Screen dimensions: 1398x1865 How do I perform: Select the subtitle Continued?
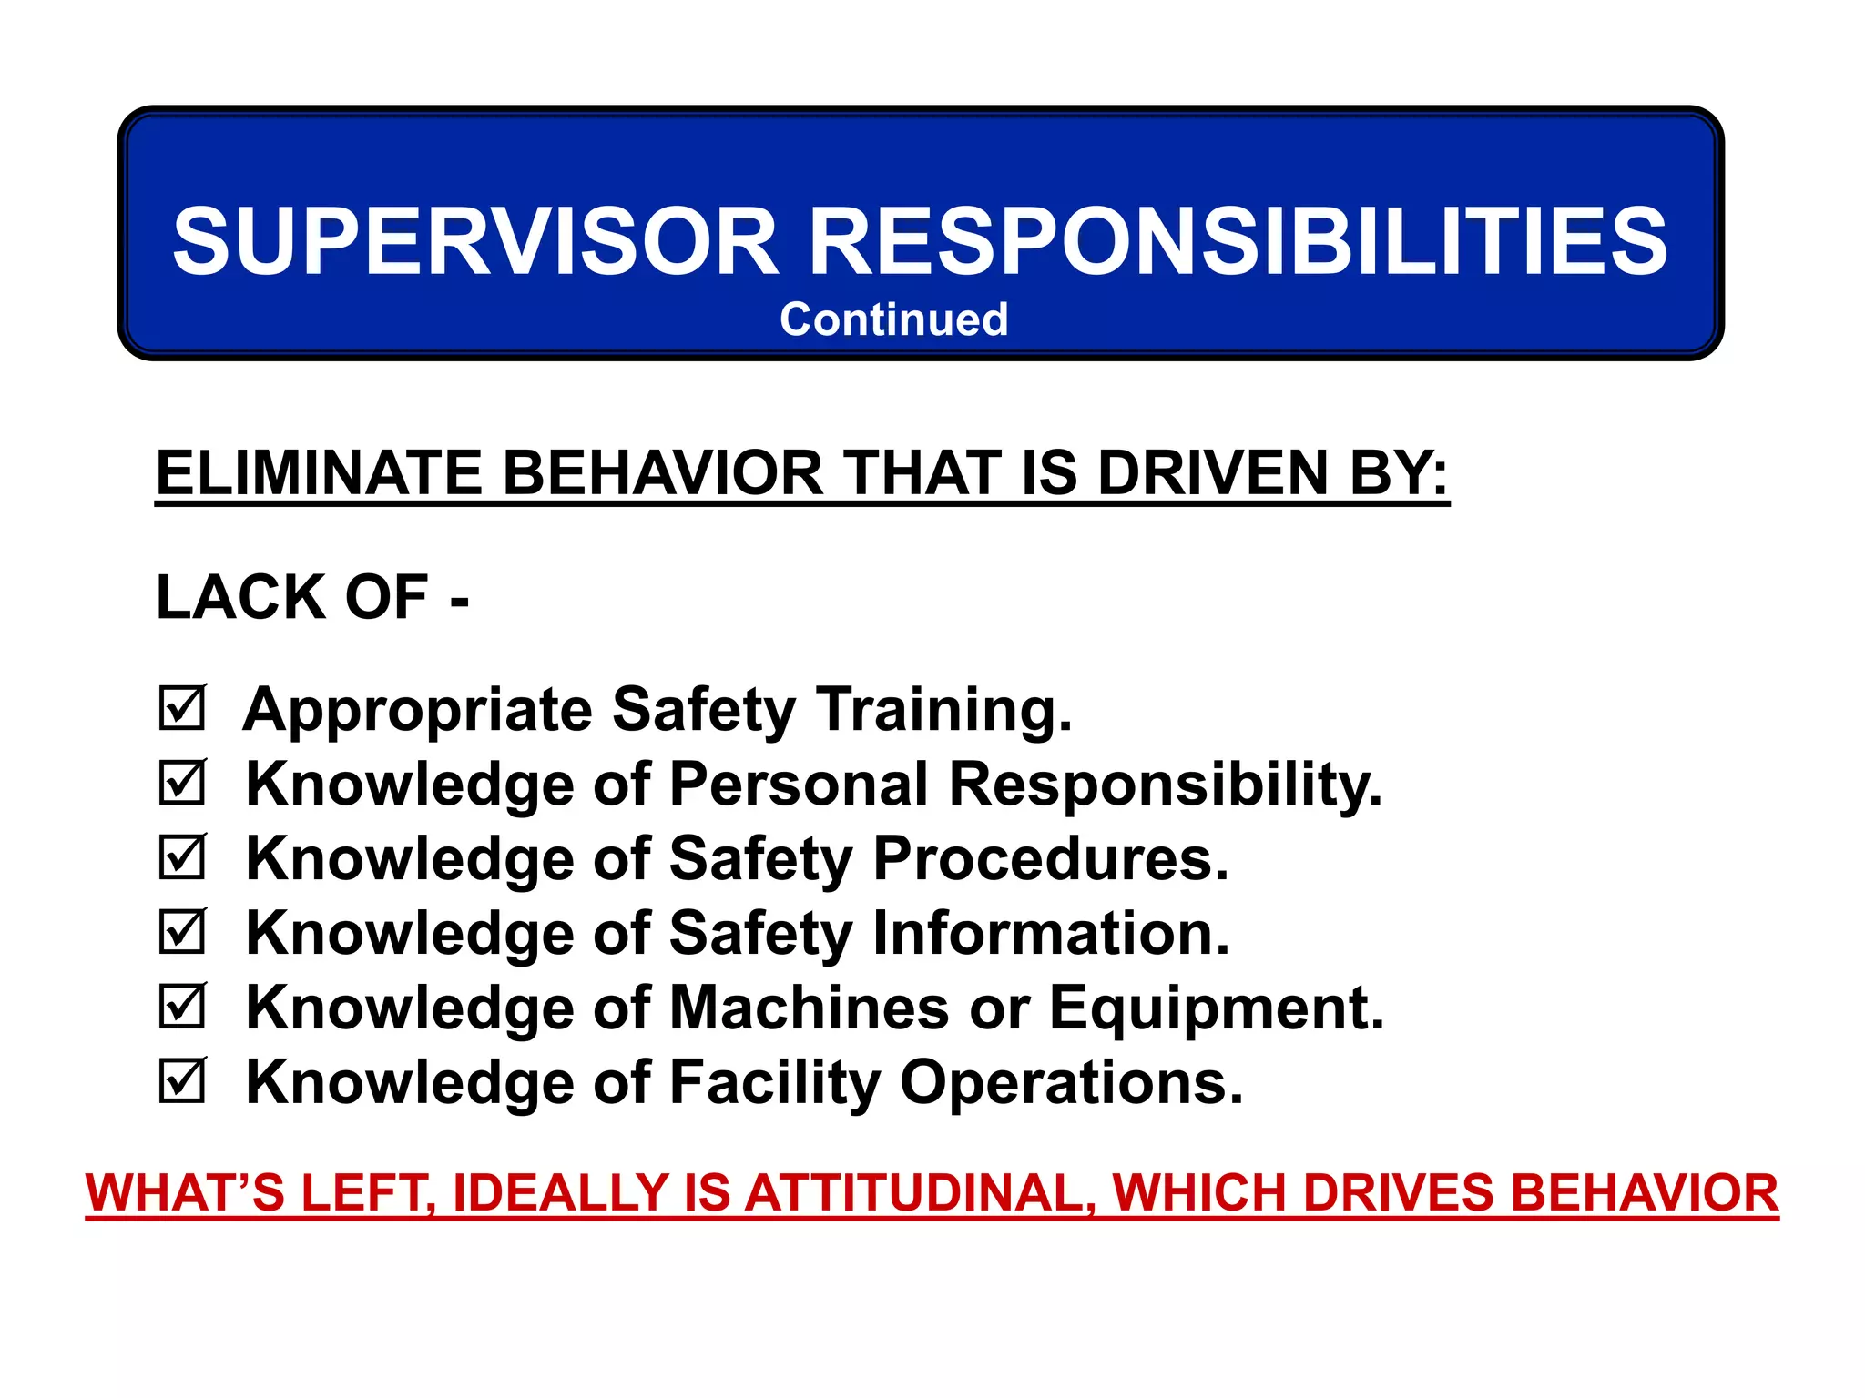[893, 320]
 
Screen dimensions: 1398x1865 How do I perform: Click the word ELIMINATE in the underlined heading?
[318, 473]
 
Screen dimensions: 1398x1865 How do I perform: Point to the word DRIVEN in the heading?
[1212, 473]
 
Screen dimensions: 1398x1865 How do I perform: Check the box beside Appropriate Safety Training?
[182, 708]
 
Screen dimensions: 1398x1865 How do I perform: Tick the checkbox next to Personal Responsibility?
[182, 783]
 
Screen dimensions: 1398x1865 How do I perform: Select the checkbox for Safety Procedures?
[182, 857]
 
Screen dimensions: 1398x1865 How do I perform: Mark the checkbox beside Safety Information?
[182, 932]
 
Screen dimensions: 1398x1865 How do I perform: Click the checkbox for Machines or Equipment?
[182, 1007]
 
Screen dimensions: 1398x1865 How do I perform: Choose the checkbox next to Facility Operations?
[182, 1081]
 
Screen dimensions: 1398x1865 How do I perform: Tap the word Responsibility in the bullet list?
[1165, 785]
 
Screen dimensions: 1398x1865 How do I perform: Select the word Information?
[1051, 934]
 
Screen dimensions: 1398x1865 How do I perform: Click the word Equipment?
[1217, 1008]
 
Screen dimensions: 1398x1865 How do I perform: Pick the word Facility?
[775, 1083]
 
